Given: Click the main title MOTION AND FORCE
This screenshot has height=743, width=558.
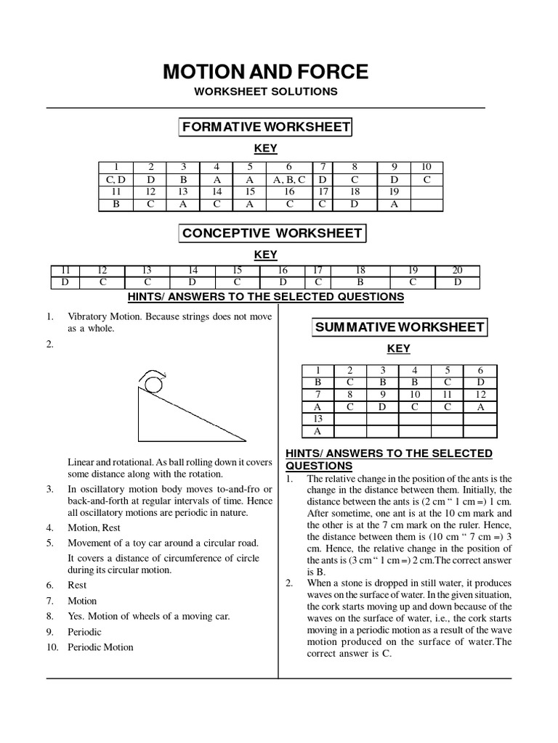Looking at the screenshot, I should [265, 71].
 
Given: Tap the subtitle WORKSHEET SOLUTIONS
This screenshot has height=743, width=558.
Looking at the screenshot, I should [265, 92].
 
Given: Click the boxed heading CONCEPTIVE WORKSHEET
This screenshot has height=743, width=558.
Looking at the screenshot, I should [272, 234].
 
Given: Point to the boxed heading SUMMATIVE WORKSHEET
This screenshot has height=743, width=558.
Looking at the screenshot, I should [399, 327].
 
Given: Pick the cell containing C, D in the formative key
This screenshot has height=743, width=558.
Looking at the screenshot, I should [116, 179].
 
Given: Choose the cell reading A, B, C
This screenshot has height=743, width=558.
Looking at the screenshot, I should [289, 179].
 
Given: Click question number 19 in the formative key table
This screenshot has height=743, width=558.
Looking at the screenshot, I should [393, 192].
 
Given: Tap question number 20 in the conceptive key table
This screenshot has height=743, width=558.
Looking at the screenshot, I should [458, 270].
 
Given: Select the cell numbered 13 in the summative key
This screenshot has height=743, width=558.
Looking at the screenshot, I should [318, 419].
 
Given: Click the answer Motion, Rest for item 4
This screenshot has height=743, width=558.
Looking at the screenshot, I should [94, 528].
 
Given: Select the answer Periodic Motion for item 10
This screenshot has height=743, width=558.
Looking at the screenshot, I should [100, 647].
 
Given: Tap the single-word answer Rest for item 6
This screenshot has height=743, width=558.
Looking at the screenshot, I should [77, 585].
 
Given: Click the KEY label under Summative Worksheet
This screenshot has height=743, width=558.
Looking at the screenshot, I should [398, 348].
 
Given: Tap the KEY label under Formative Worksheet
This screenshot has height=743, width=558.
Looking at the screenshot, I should [265, 149].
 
